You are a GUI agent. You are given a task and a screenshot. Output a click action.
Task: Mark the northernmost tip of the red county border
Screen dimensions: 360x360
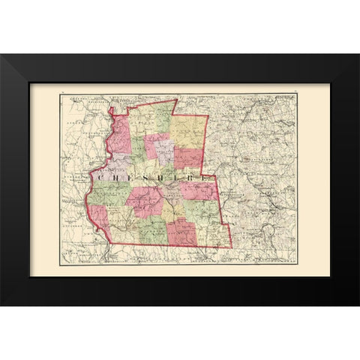[175, 98]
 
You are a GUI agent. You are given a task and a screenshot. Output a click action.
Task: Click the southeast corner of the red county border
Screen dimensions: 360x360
[231, 247]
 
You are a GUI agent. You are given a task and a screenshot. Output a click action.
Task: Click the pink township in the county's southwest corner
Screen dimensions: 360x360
[99, 218]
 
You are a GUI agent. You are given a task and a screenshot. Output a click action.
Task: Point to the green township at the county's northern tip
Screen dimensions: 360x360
[160, 112]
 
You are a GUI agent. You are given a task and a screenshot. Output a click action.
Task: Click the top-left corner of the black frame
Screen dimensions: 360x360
[1, 55]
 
